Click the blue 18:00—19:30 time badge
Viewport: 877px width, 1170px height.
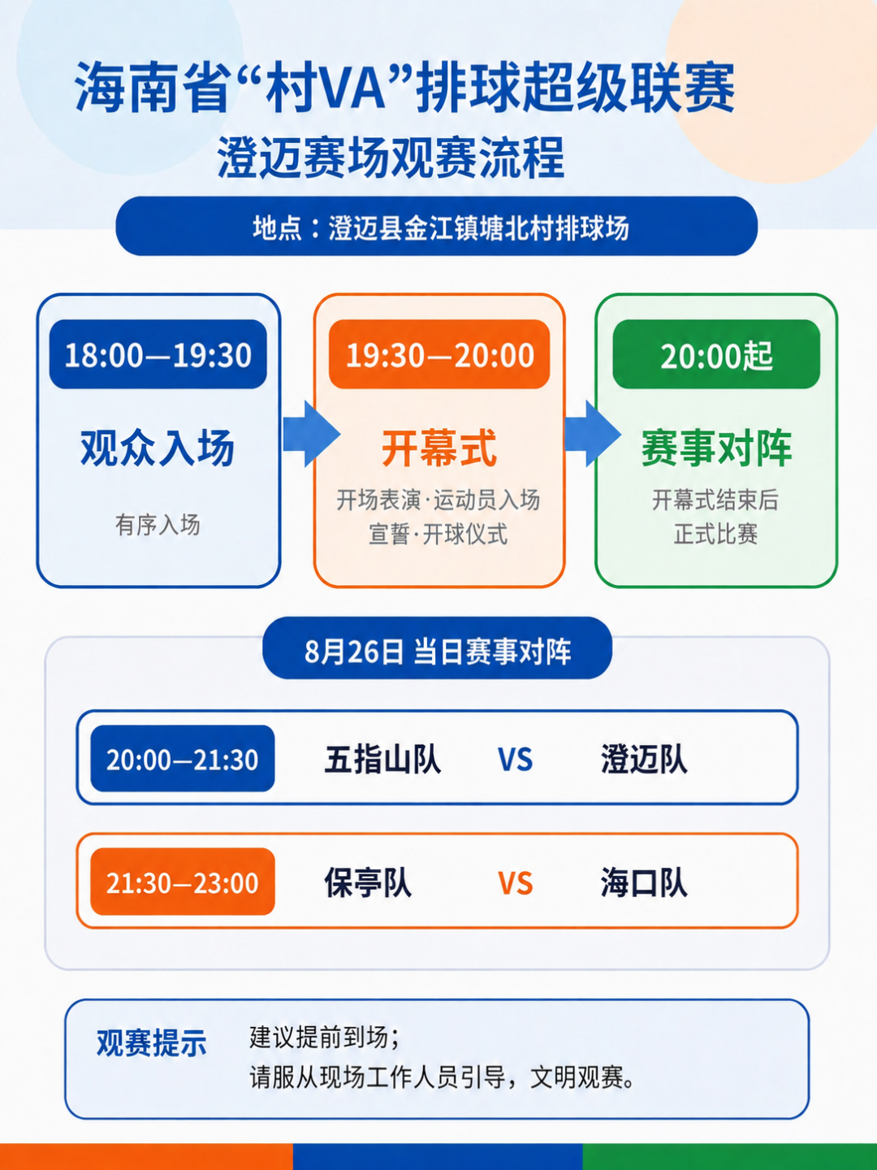click(x=158, y=354)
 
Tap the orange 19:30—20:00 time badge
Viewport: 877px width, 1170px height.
click(x=439, y=354)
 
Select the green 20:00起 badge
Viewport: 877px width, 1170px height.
click(x=716, y=354)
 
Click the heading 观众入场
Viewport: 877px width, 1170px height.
click(x=158, y=448)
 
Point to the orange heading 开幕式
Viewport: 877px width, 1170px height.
click(x=439, y=448)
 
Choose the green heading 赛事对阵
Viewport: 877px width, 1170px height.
click(x=716, y=448)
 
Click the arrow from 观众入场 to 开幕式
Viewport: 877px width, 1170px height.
click(x=312, y=434)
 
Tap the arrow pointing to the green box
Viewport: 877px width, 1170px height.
click(x=593, y=434)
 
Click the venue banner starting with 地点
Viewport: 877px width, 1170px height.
click(x=437, y=226)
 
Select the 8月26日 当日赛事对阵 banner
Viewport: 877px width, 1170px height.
click(x=437, y=648)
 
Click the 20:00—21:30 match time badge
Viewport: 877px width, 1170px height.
click(x=183, y=759)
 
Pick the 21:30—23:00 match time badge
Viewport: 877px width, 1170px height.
click(x=183, y=882)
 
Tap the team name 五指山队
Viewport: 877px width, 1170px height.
click(x=382, y=760)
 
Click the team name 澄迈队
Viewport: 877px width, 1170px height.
click(x=644, y=760)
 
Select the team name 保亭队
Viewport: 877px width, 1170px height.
click(x=368, y=883)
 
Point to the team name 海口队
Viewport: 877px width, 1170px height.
click(x=644, y=883)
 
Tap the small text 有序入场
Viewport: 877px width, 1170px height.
click(x=158, y=525)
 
